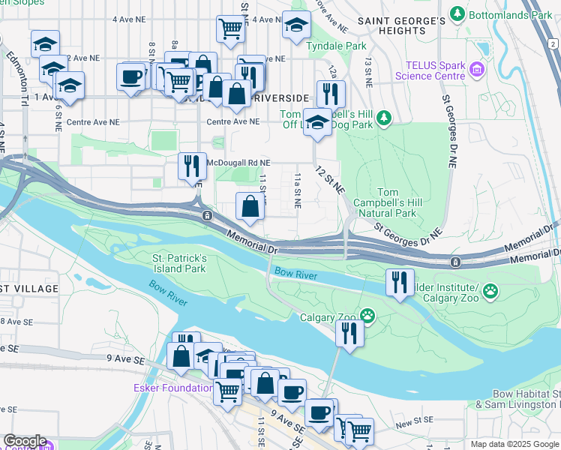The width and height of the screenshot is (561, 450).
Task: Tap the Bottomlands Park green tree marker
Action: coord(457,13)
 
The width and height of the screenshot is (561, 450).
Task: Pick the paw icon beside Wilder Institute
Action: coord(490,290)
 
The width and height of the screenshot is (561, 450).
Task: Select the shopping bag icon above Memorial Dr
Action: coord(249,206)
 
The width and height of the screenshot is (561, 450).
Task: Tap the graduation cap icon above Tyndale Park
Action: coord(296,25)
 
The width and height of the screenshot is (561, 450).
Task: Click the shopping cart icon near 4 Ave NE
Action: coord(230,28)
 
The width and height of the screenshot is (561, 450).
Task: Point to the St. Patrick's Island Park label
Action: coord(179,262)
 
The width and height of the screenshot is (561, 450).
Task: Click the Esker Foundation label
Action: coord(172,388)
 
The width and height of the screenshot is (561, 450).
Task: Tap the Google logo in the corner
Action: coord(25,441)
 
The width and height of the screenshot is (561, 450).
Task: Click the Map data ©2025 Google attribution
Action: coord(514,444)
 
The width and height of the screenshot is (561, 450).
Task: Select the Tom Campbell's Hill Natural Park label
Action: coord(386,203)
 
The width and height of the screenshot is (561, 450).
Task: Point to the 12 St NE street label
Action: coord(330,180)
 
